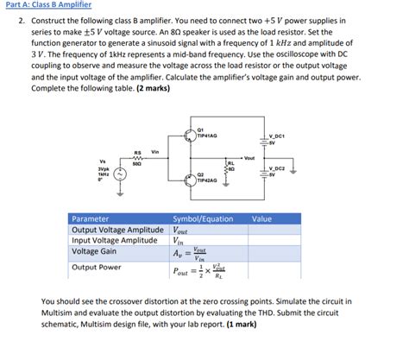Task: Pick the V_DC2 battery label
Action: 277,168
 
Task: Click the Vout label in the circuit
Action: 249,157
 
